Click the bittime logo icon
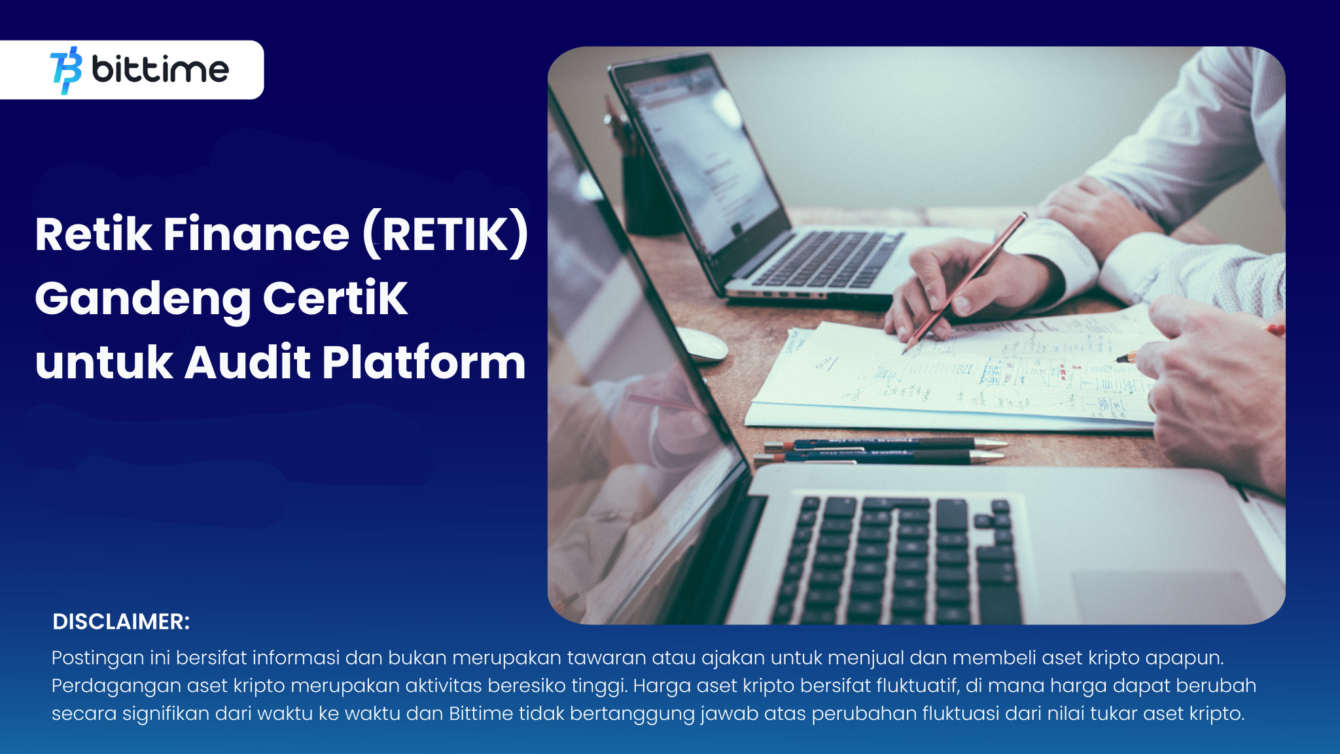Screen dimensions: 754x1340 point(66,70)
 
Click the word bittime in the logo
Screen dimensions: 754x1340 point(160,69)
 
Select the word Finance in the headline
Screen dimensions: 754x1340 point(256,234)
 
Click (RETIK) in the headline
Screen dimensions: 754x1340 point(446,234)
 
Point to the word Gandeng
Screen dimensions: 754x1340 point(142,298)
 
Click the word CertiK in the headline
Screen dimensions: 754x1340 point(335,298)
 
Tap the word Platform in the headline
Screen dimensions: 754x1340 point(423,363)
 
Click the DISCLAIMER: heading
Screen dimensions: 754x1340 point(121,622)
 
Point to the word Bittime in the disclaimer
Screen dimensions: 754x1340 point(481,713)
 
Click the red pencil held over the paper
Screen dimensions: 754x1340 point(966,281)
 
